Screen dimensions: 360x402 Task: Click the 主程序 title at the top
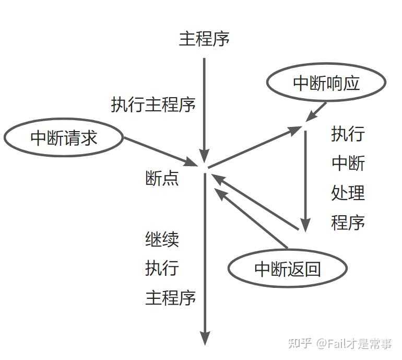coord(204,39)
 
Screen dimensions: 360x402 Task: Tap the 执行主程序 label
coord(153,104)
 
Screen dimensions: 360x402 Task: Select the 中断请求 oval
coord(64,138)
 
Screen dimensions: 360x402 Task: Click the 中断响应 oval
coord(326,83)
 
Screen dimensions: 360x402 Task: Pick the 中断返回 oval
coord(287,269)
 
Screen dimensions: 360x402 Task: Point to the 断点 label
coord(162,178)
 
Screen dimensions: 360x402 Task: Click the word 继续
coord(162,239)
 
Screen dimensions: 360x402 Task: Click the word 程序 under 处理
coord(348,223)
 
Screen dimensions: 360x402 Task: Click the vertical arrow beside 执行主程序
coord(204,104)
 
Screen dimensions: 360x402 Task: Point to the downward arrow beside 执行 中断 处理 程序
coord(305,178)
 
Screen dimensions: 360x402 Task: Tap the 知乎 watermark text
coord(301,343)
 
